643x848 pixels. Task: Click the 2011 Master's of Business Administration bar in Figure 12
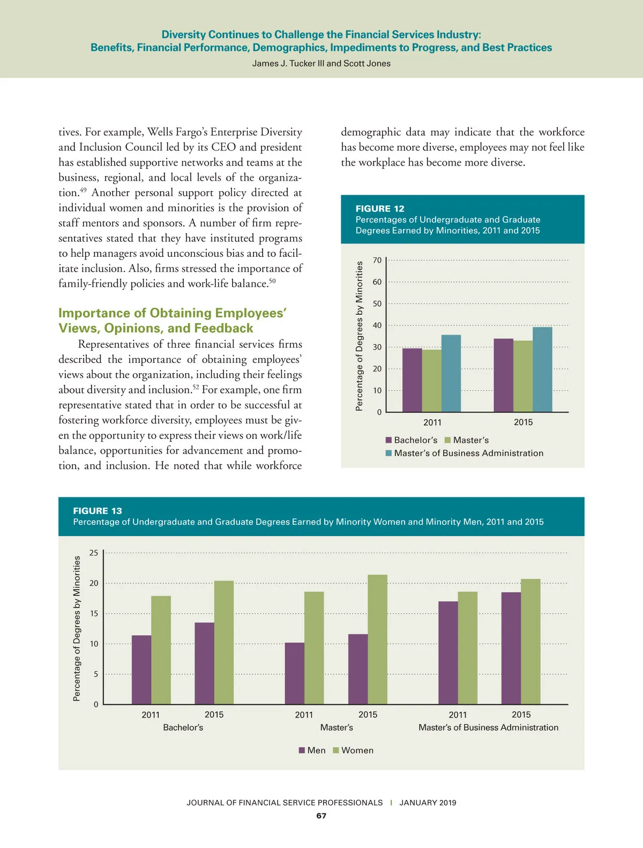[x=451, y=374]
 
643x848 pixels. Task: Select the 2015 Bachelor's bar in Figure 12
[x=503, y=375]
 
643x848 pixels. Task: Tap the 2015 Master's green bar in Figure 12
[x=523, y=376]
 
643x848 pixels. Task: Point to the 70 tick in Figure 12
[x=377, y=261]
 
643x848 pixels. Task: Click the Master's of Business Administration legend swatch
[x=388, y=453]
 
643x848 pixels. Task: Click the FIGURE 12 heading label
[x=380, y=209]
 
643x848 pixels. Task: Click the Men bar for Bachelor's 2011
[x=141, y=670]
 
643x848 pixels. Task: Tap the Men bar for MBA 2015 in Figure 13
[x=511, y=648]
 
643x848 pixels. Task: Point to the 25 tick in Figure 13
[x=94, y=553]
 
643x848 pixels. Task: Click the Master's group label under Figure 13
[x=337, y=727]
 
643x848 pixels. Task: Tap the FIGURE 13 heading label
[x=98, y=511]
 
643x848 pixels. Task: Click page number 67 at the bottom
[x=321, y=816]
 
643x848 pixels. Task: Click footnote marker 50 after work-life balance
[x=272, y=281]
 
